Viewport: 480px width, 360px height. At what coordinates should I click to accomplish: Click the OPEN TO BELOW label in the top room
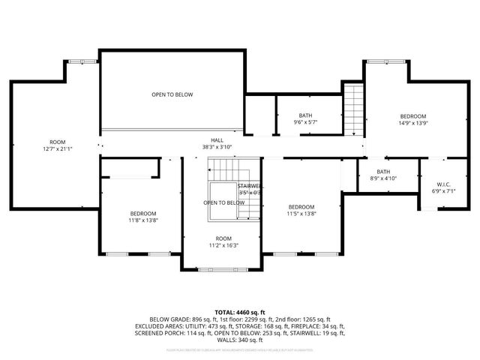click(x=172, y=94)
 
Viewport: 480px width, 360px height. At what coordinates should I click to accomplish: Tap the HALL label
click(x=217, y=140)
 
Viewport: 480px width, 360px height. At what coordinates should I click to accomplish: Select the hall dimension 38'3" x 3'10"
click(x=217, y=147)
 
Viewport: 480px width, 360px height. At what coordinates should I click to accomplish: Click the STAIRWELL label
click(x=250, y=186)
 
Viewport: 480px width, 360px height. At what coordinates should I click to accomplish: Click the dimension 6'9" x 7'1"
click(x=442, y=191)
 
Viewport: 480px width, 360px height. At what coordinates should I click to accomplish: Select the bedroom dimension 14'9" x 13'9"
click(x=412, y=123)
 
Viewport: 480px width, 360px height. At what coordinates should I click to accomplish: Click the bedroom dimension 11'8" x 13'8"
click(x=142, y=220)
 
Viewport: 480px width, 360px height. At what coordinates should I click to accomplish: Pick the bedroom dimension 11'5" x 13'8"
click(x=301, y=214)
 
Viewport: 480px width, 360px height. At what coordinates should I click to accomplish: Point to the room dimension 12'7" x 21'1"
click(x=58, y=148)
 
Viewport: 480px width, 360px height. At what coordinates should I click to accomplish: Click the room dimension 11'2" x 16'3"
click(x=223, y=245)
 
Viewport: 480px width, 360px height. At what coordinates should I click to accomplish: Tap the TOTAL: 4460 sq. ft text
click(x=240, y=312)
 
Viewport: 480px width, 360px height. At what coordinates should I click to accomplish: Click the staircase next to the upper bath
click(x=353, y=109)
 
